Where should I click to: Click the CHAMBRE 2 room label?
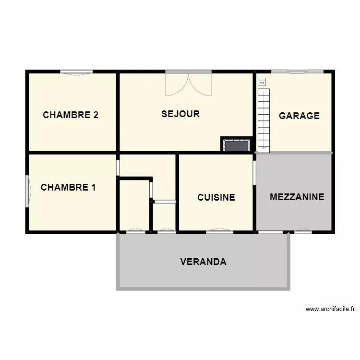pyautogui.click(x=71, y=115)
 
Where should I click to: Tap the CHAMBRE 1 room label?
pyautogui.click(x=68, y=187)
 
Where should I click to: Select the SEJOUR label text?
pyautogui.click(x=180, y=114)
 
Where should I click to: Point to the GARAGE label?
pyautogui.click(x=299, y=116)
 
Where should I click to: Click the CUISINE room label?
pyautogui.click(x=216, y=197)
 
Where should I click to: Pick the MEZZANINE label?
pyautogui.click(x=297, y=197)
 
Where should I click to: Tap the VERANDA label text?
pyautogui.click(x=203, y=262)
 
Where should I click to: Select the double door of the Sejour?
pyautogui.click(x=188, y=83)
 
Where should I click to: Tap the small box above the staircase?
pyautogui.click(x=262, y=82)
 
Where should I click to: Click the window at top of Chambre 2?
pyautogui.click(x=76, y=72)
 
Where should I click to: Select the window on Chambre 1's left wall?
pyautogui.click(x=27, y=191)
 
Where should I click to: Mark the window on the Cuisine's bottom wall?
pyautogui.click(x=220, y=232)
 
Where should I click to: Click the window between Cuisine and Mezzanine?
pyautogui.click(x=254, y=172)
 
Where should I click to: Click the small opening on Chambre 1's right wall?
pyautogui.click(x=118, y=167)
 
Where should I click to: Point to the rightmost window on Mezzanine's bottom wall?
pyautogui.click(x=303, y=232)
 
